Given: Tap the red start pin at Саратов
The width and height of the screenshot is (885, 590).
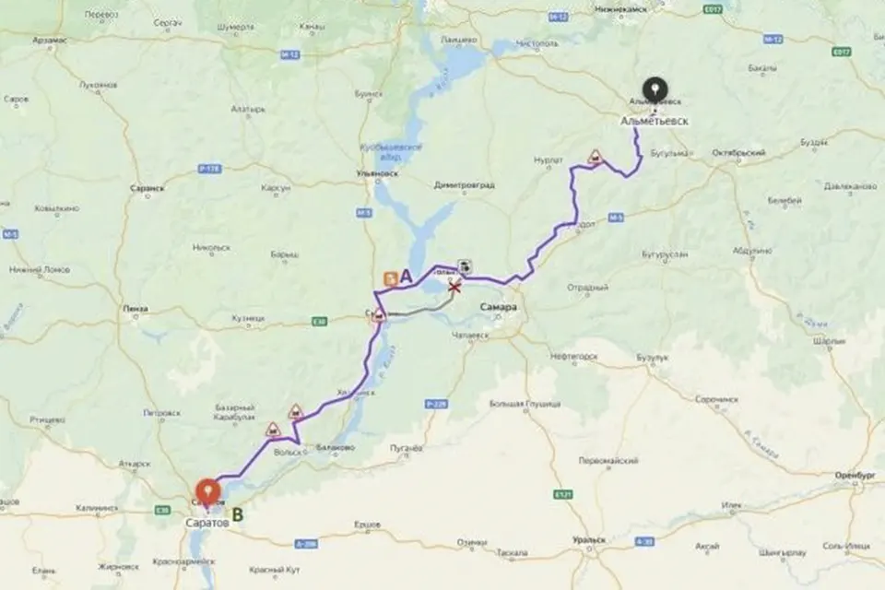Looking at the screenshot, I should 209,490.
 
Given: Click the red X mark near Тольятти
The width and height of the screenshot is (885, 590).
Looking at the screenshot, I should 454,289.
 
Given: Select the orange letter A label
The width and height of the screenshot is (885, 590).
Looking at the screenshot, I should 406,276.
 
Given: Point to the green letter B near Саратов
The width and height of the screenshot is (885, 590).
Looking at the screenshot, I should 237,515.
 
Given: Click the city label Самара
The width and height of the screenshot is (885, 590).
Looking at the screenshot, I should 499,307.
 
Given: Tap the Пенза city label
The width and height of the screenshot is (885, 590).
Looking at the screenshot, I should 136,309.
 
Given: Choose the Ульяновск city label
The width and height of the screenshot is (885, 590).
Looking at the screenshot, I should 375,172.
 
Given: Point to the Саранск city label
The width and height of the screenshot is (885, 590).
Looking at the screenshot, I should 147,187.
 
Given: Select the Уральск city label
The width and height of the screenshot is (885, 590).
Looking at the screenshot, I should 588,539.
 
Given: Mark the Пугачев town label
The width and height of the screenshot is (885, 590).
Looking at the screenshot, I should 406,447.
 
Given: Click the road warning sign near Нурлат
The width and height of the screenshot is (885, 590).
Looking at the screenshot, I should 596,158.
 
